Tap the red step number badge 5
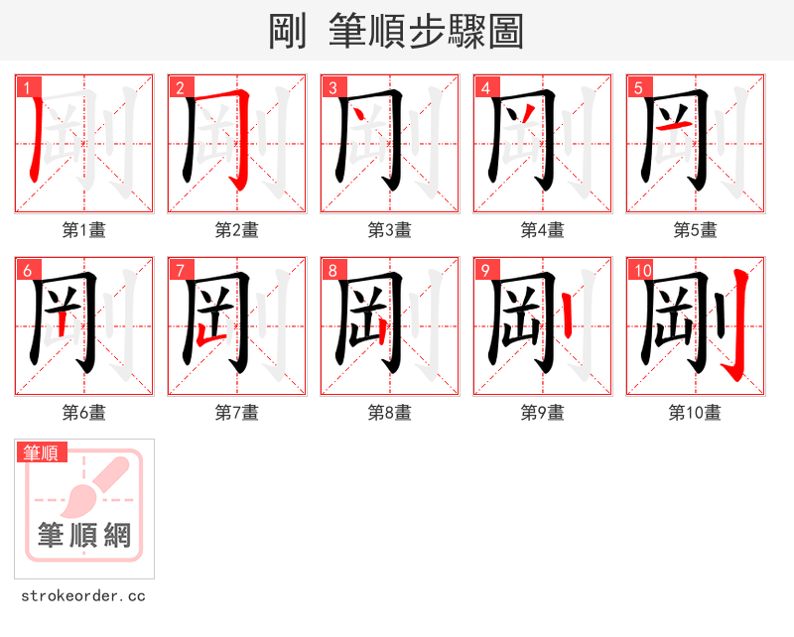point(638,87)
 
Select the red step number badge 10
point(642,270)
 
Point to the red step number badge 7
point(180,270)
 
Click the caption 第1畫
point(83,230)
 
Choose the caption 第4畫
point(542,230)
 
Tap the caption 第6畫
point(83,413)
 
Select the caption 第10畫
point(695,413)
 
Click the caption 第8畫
point(389,413)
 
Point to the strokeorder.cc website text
point(83,596)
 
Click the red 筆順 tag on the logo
point(42,452)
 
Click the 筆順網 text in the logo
point(84,536)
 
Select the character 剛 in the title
point(288,32)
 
